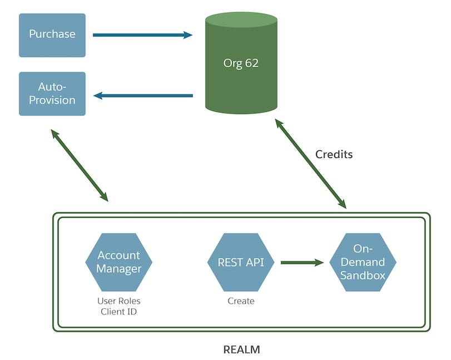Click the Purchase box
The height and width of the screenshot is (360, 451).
pyautogui.click(x=52, y=35)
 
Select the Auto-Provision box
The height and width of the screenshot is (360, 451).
pyautogui.click(x=52, y=93)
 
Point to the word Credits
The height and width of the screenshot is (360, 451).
pyautogui.click(x=334, y=154)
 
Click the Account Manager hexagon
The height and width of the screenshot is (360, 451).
pyautogui.click(x=118, y=262)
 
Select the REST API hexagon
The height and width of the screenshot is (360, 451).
pyautogui.click(x=241, y=262)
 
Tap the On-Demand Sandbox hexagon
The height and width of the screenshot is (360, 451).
pyautogui.click(x=363, y=262)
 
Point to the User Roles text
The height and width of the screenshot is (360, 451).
pyautogui.click(x=118, y=301)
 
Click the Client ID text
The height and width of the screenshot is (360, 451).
pyautogui.click(x=118, y=312)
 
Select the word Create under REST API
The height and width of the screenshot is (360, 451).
pyautogui.click(x=241, y=301)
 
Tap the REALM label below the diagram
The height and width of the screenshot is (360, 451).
pyautogui.click(x=241, y=350)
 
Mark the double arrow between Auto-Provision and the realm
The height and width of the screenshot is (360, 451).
pyautogui.click(x=79, y=165)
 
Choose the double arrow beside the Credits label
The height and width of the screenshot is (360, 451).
pyautogui.click(x=311, y=164)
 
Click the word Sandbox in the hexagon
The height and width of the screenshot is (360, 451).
pyautogui.click(x=363, y=275)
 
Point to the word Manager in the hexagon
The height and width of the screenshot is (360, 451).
pyautogui.click(x=118, y=269)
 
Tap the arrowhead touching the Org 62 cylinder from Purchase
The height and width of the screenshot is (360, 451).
pyautogui.click(x=187, y=35)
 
